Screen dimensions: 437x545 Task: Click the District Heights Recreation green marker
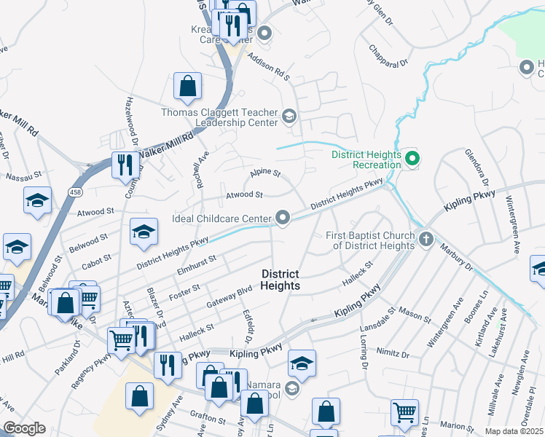413,158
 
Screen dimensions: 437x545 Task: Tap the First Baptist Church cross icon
426,238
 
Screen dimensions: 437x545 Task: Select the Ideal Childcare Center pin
283,217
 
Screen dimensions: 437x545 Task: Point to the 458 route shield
75,191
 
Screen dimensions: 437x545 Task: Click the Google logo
24,428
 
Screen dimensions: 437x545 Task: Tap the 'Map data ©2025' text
514,431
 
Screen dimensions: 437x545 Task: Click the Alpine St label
265,173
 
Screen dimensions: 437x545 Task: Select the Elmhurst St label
197,260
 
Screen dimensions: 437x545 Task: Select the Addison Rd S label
268,66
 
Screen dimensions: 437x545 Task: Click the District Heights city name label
281,280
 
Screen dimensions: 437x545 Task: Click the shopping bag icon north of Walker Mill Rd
187,86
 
